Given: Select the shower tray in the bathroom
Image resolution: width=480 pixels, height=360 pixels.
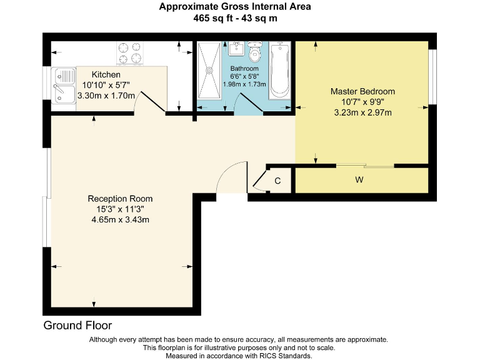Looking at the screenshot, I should [x=209, y=70].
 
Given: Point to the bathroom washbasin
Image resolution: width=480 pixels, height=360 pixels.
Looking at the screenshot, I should [x=237, y=49].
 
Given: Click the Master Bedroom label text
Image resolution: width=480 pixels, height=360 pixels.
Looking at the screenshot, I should [x=362, y=91].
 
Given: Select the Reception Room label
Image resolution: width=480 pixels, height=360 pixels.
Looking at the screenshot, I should [x=120, y=199].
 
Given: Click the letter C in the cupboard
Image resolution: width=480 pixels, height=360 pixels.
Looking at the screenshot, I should [x=278, y=181].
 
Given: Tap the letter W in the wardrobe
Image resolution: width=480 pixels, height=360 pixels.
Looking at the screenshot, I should [x=359, y=181].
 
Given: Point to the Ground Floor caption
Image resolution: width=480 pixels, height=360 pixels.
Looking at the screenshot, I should [x=77, y=326].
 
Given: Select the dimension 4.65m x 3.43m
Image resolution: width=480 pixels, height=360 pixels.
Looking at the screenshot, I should [x=120, y=219].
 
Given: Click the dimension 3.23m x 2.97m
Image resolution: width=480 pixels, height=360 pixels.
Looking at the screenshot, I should [x=362, y=112].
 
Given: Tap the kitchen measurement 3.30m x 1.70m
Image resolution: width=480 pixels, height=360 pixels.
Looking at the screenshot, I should [x=106, y=96].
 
